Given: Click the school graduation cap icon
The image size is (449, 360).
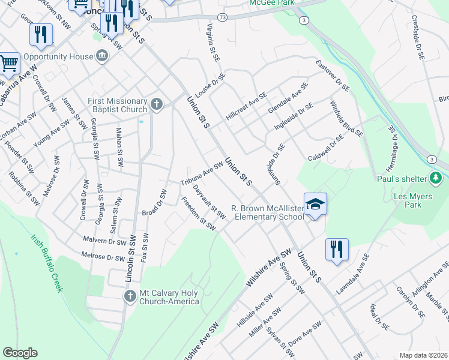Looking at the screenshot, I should (315, 204).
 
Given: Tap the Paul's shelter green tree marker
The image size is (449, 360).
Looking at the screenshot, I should (436, 178).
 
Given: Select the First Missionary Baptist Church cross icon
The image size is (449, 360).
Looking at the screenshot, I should (157, 105).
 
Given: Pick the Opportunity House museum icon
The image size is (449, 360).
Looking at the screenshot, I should (102, 56).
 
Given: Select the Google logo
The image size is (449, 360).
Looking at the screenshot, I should (20, 353).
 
